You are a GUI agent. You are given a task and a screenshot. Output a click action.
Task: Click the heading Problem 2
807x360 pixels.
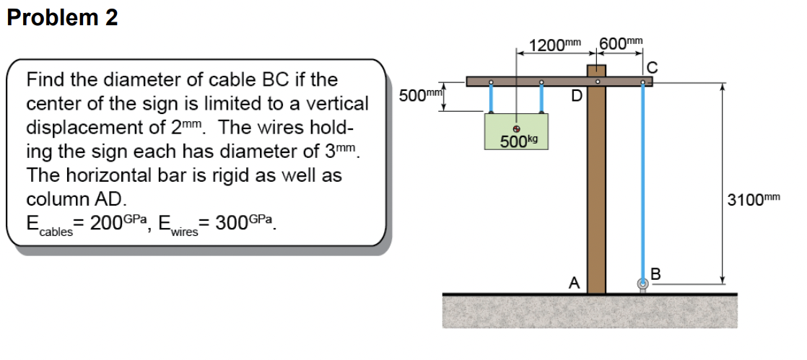tap(62, 18)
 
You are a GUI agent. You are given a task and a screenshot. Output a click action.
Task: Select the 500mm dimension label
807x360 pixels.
tap(420, 97)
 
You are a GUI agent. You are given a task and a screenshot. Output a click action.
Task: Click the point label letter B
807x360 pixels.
tap(655, 273)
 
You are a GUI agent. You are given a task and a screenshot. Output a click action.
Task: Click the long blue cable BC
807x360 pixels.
tap(642, 180)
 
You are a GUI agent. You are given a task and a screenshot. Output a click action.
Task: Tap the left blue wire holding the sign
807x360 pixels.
tap(491, 99)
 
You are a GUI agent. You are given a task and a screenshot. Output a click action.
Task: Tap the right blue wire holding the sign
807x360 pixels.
tap(541, 99)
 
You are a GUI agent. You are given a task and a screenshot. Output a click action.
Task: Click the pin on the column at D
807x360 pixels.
tap(596, 82)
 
